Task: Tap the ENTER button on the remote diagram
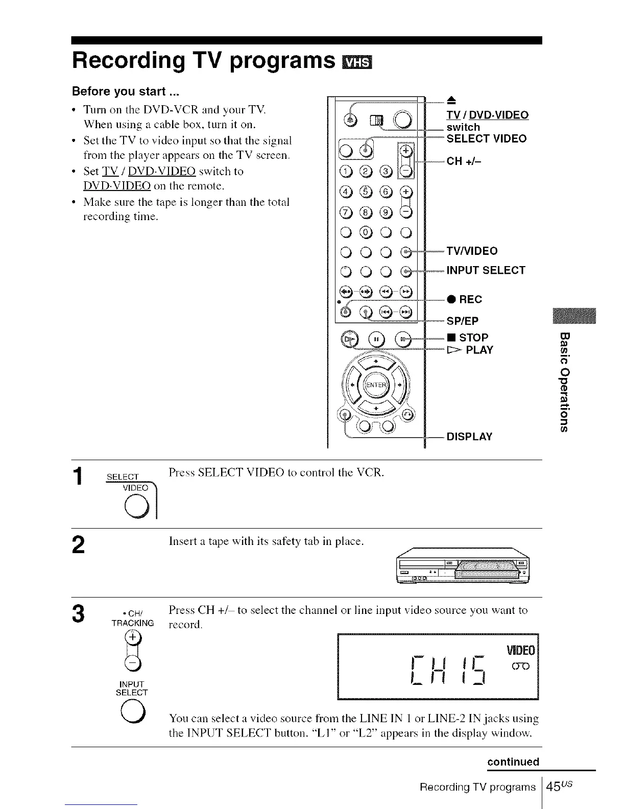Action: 376,385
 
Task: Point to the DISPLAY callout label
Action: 469,437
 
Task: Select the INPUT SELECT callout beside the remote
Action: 486,270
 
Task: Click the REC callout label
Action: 464,299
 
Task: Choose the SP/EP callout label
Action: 463,321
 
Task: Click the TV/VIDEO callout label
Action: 472,251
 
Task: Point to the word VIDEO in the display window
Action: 520,651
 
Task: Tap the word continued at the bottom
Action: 513,762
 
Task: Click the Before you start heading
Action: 118,91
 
